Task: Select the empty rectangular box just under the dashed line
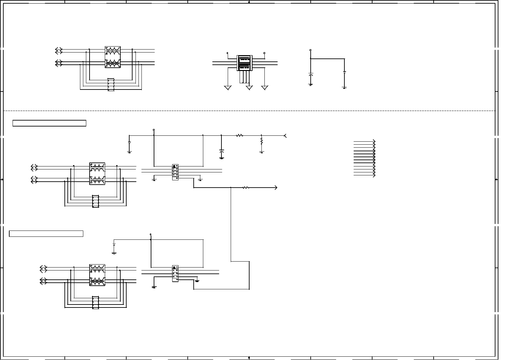[49, 123]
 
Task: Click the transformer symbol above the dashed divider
[113, 57]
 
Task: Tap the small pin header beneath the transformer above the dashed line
[111, 85]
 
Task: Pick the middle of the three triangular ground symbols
[250, 88]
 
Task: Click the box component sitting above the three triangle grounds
[245, 63]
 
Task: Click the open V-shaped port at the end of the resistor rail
[285, 135]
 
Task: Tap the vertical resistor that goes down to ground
[261, 141]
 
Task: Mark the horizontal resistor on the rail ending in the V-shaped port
[240, 135]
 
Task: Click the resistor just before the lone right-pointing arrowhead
[246, 188]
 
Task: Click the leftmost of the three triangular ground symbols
[228, 88]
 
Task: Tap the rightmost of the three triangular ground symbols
[265, 88]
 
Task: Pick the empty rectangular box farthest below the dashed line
[46, 234]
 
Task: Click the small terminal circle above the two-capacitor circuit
[310, 50]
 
